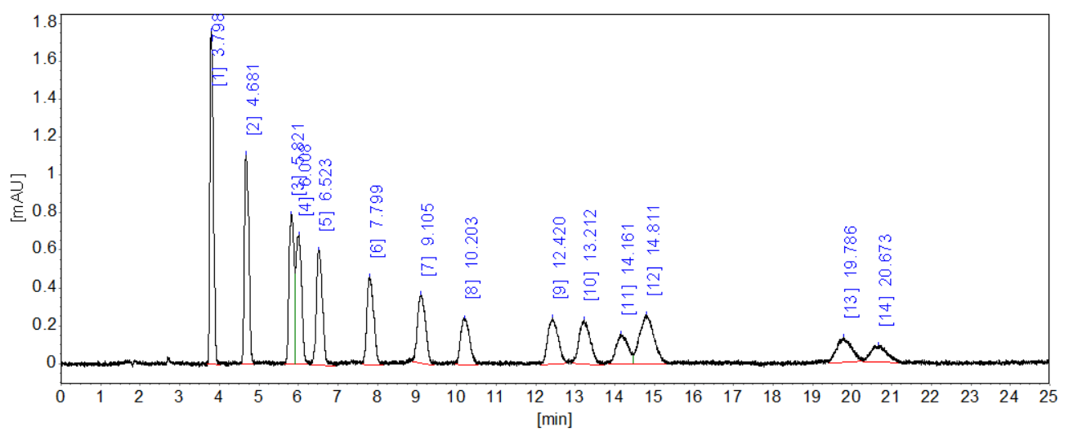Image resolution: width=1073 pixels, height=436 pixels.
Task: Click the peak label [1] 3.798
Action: (x=220, y=49)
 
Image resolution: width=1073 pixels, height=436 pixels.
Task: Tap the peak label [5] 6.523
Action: (x=326, y=195)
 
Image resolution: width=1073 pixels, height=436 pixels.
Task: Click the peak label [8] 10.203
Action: (x=472, y=258)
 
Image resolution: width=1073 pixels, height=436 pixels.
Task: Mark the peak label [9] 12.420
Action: (x=560, y=258)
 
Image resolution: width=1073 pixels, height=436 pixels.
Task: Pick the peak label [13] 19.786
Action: (x=851, y=272)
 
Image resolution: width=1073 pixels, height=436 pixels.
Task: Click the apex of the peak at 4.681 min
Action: (x=246, y=152)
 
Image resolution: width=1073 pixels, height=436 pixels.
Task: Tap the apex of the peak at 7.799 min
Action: (x=369, y=276)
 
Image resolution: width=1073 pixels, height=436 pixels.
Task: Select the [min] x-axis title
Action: (x=554, y=420)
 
